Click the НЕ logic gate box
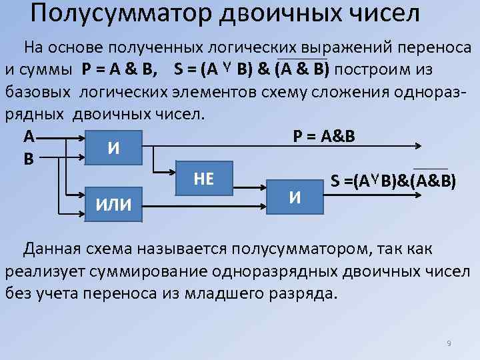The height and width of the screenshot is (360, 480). [203, 178]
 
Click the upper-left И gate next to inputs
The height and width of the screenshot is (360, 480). [114, 147]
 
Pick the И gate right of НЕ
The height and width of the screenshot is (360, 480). [295, 196]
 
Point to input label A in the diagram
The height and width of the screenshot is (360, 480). [29, 137]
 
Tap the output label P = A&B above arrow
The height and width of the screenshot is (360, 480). [324, 136]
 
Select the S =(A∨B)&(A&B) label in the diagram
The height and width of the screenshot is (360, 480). [393, 181]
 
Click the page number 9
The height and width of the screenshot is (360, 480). [449, 343]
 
